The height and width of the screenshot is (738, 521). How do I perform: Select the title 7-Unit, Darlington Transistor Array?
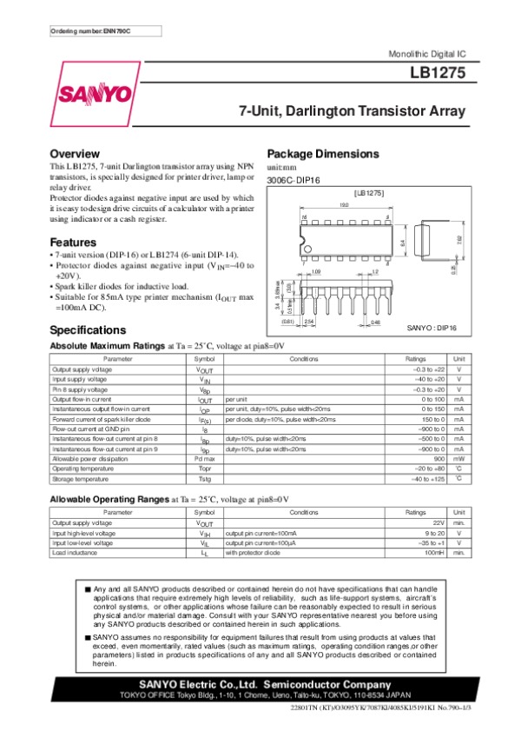coord(353,112)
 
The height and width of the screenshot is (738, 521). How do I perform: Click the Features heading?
coord(73,241)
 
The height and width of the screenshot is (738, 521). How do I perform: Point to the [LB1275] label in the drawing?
coord(369,193)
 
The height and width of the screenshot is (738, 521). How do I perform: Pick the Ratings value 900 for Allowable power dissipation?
coord(439,458)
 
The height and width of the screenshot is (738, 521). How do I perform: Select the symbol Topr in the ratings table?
coord(204,468)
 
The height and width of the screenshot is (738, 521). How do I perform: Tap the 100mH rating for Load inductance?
coord(433,552)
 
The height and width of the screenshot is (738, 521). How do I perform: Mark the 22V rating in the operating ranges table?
coord(437,523)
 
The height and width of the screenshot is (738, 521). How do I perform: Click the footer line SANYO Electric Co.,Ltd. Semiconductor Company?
coord(260,685)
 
